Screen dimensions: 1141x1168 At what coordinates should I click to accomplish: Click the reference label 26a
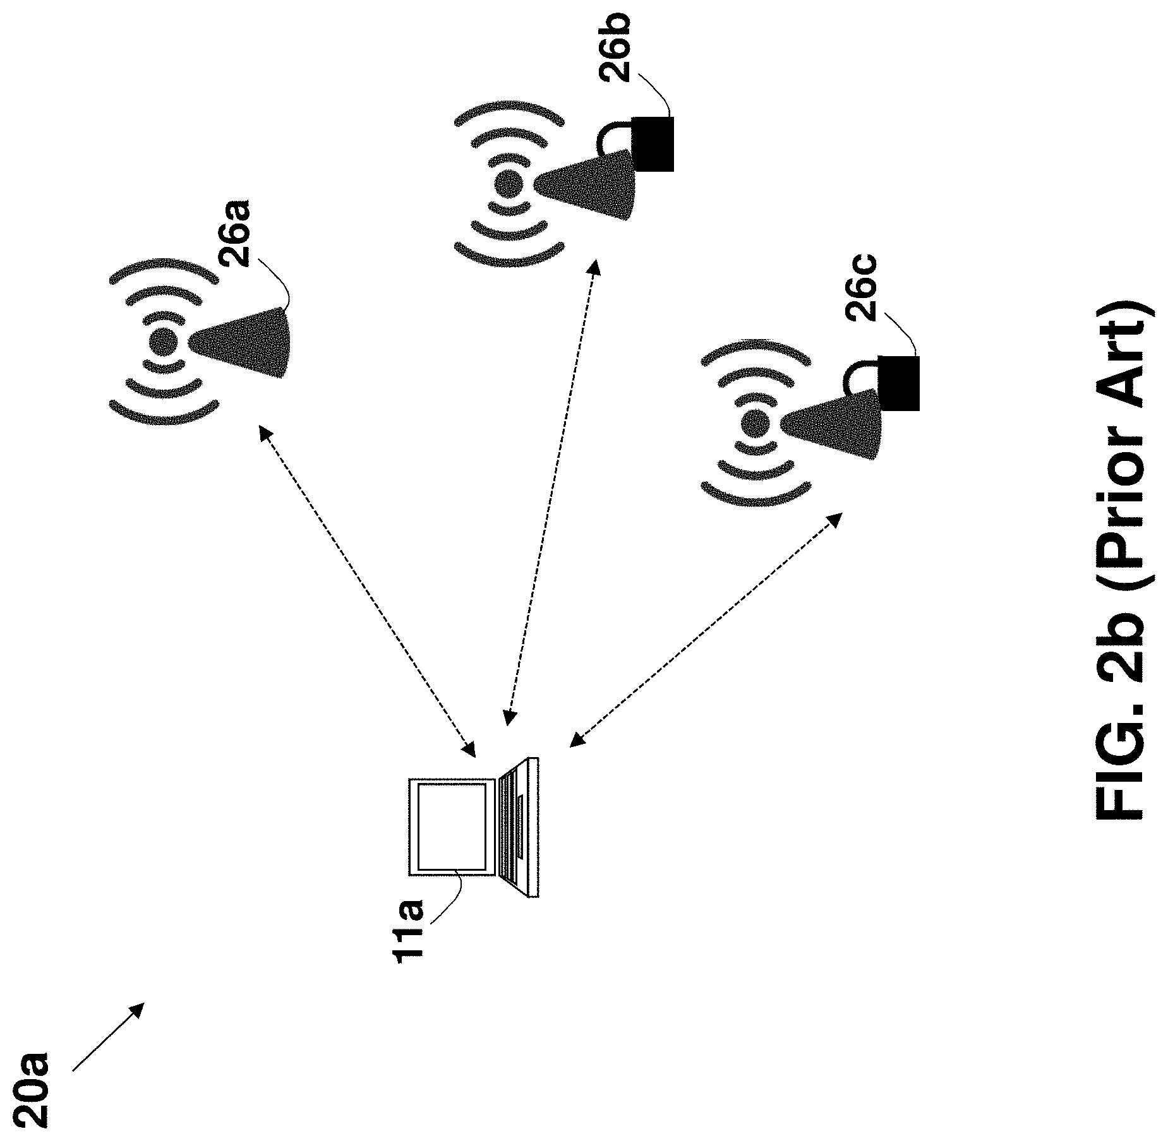(234, 234)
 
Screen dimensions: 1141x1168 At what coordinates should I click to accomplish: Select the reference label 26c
(860, 287)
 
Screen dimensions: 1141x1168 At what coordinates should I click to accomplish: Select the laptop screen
(452, 827)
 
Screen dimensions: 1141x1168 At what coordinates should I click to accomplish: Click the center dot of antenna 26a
(163, 342)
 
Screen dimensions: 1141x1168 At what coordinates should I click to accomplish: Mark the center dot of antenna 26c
(754, 422)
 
